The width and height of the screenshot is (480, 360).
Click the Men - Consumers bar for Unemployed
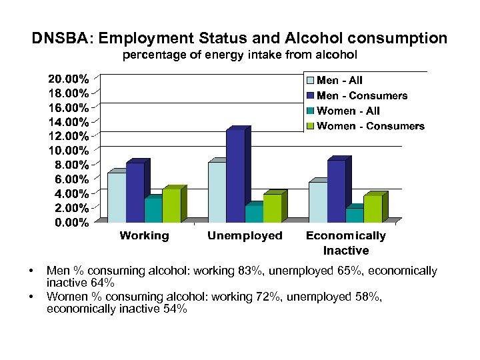[235, 176]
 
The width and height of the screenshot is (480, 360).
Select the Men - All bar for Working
[116, 197]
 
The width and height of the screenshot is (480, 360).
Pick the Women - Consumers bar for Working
[171, 205]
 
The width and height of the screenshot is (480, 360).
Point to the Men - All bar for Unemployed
[217, 192]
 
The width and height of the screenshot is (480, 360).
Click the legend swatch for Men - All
[310, 81]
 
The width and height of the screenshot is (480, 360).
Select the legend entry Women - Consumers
[371, 126]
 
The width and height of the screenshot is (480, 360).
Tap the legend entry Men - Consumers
[362, 96]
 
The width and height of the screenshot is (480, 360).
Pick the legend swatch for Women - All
[310, 111]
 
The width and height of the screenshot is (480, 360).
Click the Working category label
[144, 235]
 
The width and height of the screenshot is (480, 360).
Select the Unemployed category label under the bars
[245, 235]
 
